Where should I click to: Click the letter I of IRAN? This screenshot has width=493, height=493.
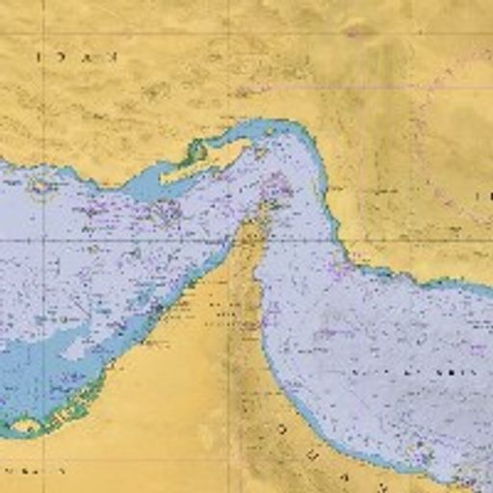coord(39,57)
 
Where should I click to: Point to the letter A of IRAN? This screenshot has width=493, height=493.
coord(88,57)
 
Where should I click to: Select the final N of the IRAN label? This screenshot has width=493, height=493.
coord(112,57)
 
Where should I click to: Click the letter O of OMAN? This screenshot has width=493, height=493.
coord(282,428)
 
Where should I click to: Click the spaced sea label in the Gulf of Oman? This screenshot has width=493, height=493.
coord(414,371)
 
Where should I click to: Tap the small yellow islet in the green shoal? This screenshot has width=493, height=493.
coord(26,425)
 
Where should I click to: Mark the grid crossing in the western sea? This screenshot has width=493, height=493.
coord(43,237)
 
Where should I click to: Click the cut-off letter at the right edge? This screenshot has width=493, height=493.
coord(487,196)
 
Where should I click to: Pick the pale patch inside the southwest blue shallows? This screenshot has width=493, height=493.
coord(72,351)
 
